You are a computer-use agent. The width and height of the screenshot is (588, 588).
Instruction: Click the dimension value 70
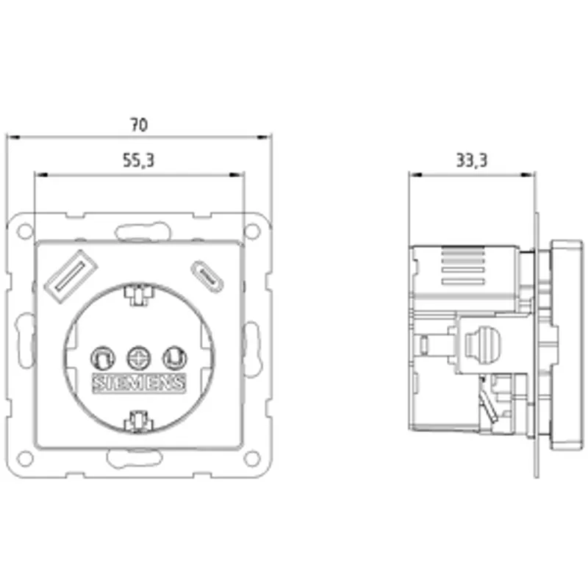pyautogui.click(x=139, y=125)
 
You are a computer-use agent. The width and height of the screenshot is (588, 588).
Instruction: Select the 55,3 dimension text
pyautogui.click(x=138, y=160)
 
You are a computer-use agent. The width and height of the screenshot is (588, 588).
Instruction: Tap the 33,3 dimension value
pyautogui.click(x=472, y=160)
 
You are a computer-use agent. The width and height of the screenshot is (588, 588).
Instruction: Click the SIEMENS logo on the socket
pyautogui.click(x=139, y=383)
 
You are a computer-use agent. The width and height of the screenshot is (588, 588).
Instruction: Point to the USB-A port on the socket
pyautogui.click(x=71, y=276)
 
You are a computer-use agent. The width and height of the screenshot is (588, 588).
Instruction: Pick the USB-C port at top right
pyautogui.click(x=207, y=277)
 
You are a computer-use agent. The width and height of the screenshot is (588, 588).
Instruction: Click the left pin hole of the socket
pyautogui.click(x=103, y=358)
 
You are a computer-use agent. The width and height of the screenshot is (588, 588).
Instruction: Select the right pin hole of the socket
pyautogui.click(x=175, y=358)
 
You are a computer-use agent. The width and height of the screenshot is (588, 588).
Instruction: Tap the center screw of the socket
pyautogui.click(x=139, y=358)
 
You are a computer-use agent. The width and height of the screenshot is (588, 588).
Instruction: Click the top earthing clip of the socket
pyautogui.click(x=139, y=295)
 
